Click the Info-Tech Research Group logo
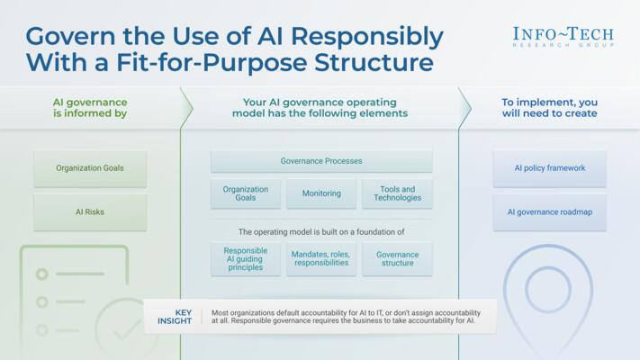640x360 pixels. pos(563,36)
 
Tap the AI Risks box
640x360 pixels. pos(90,212)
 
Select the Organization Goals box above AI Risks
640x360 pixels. pos(90,168)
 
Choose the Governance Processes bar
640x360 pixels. pos(321,161)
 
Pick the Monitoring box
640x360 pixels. pos(321,193)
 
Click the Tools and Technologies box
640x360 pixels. pos(397,193)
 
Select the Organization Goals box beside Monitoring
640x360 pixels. pos(246,193)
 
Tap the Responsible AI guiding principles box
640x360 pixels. pos(246,259)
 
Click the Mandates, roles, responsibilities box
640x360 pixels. pos(321,259)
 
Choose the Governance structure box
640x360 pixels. pos(397,259)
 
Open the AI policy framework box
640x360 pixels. pos(549,168)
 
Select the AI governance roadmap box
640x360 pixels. pos(549,212)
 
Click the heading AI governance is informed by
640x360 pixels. pos(90,108)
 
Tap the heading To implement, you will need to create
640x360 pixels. pos(549,108)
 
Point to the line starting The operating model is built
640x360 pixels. pos(321,231)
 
